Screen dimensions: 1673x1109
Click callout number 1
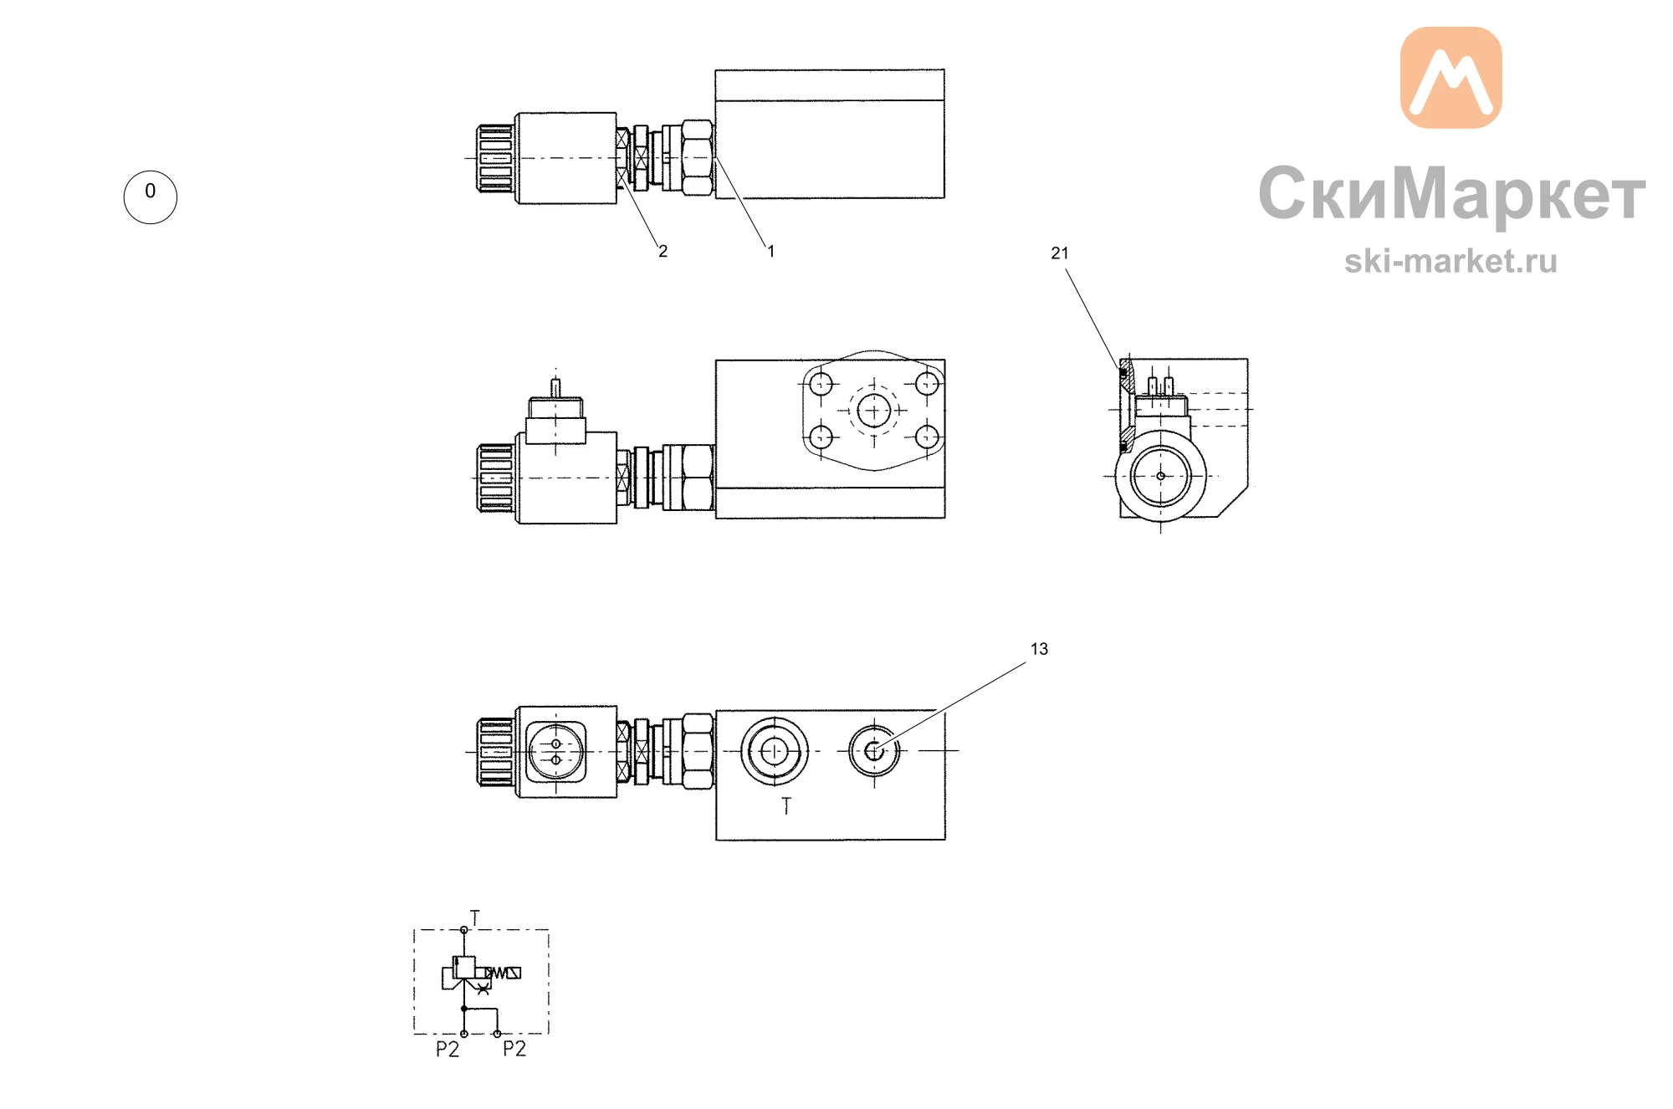[x=770, y=251]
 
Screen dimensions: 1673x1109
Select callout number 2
[x=663, y=251]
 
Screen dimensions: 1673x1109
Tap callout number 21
[x=1060, y=253]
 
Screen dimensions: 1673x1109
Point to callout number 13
[x=1039, y=649]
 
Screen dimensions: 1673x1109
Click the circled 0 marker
[x=151, y=197]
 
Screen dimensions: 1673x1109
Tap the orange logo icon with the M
[x=1451, y=77]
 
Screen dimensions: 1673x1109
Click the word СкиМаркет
[x=1452, y=194]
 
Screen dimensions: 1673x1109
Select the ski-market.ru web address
[x=1450, y=262]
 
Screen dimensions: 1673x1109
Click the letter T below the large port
[x=786, y=806]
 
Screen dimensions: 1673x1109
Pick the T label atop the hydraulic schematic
[x=475, y=917]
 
